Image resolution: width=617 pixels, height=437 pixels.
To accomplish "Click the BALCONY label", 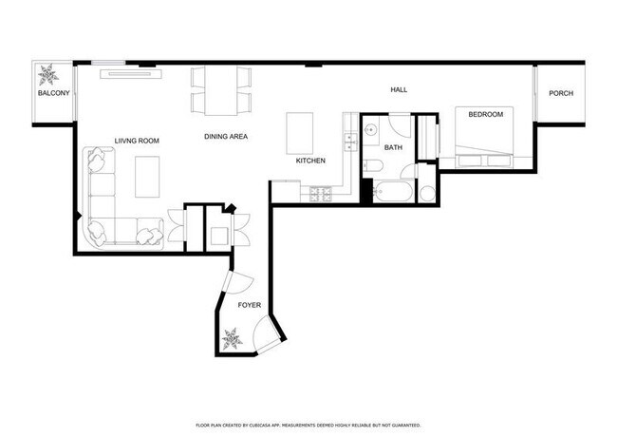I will click(x=53, y=95).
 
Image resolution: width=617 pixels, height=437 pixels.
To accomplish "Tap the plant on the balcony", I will click(x=47, y=74).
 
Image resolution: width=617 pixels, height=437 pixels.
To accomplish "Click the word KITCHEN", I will click(x=310, y=161).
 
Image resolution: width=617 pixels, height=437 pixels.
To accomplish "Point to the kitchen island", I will click(x=300, y=132).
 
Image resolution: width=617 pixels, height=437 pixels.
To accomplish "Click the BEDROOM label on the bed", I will click(x=486, y=115).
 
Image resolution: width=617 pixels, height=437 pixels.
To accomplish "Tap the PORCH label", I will click(x=561, y=94).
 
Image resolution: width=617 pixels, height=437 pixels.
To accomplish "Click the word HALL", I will click(x=399, y=89).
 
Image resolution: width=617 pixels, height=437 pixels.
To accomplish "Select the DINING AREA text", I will click(x=226, y=137).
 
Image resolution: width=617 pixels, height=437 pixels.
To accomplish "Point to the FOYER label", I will click(x=249, y=305).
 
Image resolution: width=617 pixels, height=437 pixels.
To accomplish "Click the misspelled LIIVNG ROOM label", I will click(x=137, y=141).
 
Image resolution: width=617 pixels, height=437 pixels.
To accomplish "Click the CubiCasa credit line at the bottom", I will click(x=308, y=425).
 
